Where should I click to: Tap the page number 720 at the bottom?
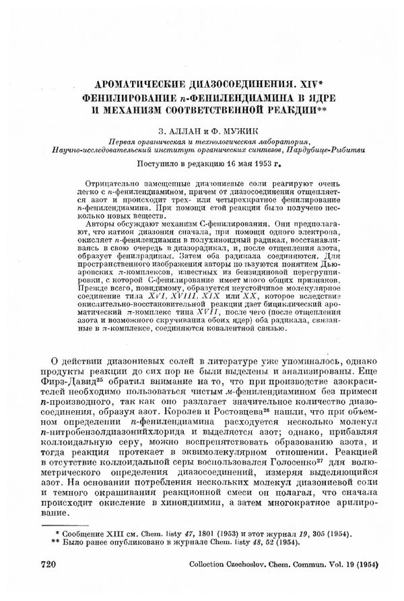tap(52, 563)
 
